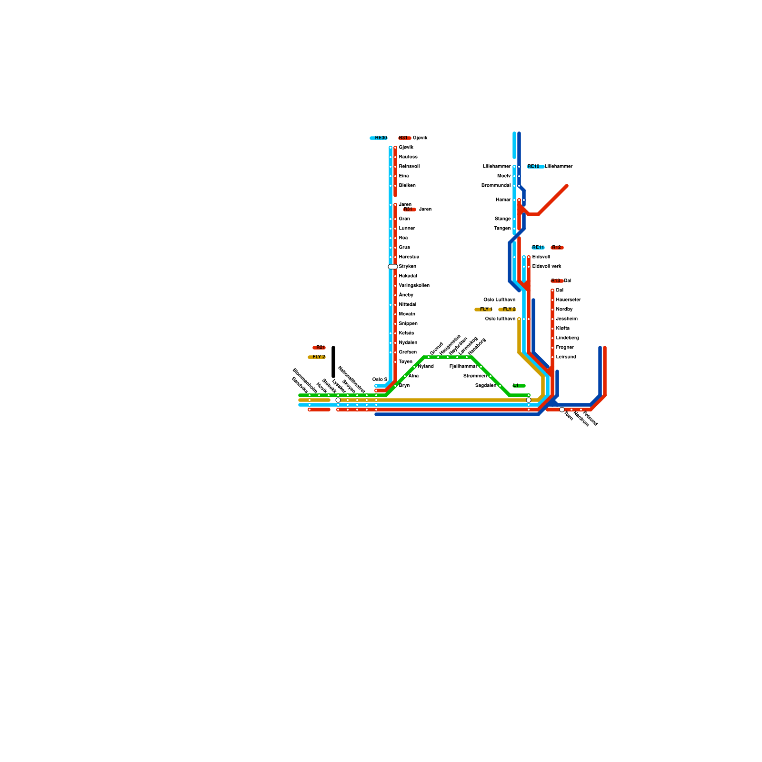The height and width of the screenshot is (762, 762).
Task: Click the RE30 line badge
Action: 379,138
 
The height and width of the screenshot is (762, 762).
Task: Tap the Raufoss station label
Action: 408,157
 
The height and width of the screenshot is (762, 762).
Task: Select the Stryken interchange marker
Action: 392,267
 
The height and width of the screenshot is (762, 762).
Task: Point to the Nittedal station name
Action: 407,305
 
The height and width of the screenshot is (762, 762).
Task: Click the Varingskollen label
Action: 414,286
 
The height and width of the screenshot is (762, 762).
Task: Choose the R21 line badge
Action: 319,348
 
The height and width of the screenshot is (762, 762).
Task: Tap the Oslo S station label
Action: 380,380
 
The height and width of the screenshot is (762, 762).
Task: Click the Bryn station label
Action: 404,386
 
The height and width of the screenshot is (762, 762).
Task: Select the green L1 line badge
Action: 519,386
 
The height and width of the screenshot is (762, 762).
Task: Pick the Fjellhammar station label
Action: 463,367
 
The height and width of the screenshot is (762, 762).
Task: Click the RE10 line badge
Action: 535,167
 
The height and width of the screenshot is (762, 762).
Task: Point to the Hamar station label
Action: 503,200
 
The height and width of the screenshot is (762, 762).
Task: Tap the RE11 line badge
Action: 538,248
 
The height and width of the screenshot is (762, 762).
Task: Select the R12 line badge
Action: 557,248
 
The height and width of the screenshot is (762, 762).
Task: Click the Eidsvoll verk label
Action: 547,267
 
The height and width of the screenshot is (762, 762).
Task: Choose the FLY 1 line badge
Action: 484,310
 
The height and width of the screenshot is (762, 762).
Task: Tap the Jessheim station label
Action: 567,319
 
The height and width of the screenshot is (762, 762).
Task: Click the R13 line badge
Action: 556,281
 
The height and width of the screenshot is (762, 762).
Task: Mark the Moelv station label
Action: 504,176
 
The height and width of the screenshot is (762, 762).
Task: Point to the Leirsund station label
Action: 566,357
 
